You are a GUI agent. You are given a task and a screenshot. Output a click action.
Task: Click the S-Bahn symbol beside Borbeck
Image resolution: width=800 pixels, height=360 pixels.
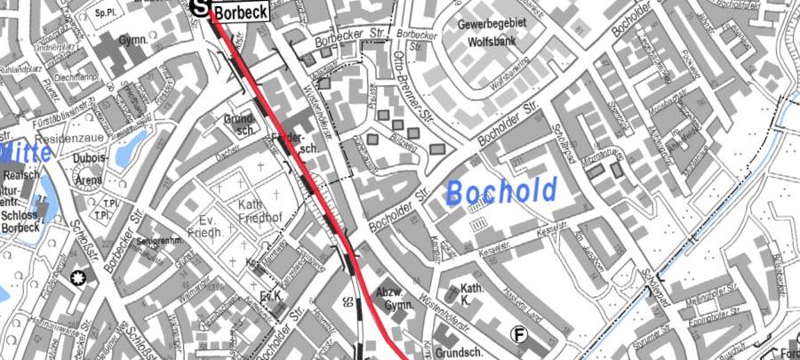pos(201,6)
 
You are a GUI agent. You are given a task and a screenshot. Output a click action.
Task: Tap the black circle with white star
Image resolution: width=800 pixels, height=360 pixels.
pos(77,278)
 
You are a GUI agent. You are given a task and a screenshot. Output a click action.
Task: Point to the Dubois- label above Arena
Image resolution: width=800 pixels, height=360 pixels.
pos(92,158)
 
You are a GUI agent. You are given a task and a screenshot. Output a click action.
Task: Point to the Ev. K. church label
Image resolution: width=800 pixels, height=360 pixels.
pos(271,295)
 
